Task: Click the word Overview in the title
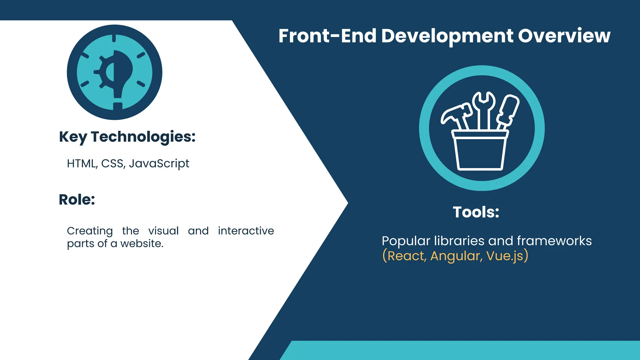click(x=564, y=36)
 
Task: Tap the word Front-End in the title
click(x=327, y=36)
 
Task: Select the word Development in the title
click(x=447, y=36)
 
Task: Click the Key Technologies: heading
click(x=127, y=137)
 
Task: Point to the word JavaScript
click(x=159, y=164)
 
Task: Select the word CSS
click(x=113, y=163)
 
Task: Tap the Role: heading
click(x=77, y=199)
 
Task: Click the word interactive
click(x=246, y=231)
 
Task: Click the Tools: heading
click(x=476, y=212)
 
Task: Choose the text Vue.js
click(x=504, y=256)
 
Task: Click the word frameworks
click(x=554, y=241)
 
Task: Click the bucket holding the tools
click(x=480, y=152)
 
